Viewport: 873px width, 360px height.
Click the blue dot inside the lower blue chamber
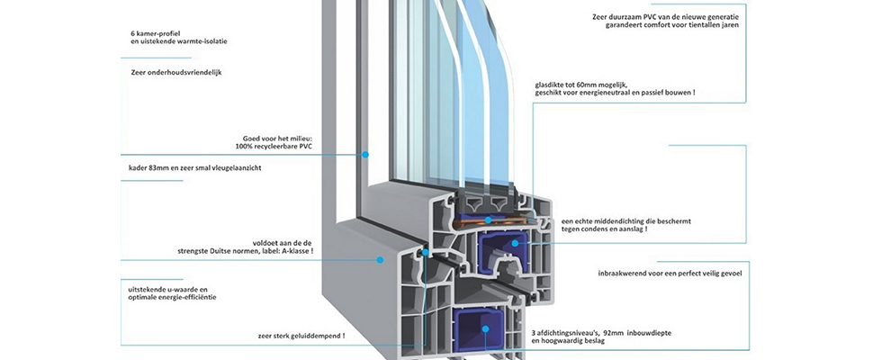(485, 329)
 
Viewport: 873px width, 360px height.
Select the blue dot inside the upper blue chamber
(515, 243)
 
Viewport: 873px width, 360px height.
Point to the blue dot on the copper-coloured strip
(489, 220)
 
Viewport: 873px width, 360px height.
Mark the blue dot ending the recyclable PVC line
(365, 154)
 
